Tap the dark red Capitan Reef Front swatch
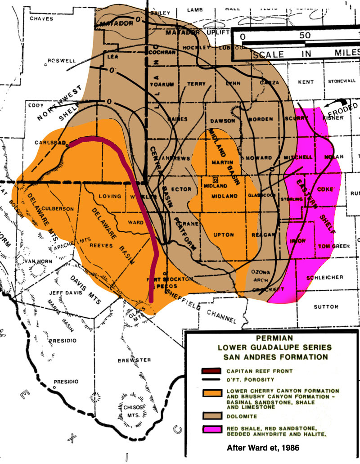pos(211,371)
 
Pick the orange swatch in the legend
pos(211,392)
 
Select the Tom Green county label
pos(321,246)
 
